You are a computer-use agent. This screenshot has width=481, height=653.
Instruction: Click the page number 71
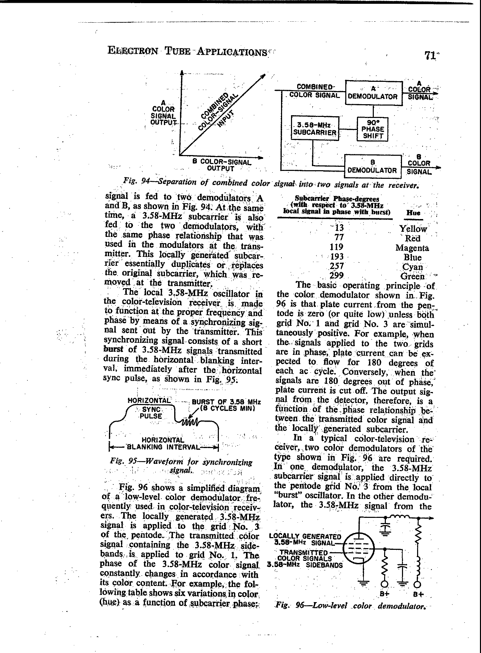[430, 56]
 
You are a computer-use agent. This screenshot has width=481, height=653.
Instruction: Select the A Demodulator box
[373, 93]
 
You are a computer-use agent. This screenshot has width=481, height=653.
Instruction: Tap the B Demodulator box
[372, 167]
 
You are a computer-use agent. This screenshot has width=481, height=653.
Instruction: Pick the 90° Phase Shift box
[373, 129]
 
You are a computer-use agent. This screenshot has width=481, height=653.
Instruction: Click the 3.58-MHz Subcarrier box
[315, 129]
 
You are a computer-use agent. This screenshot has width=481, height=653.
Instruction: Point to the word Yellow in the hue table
[413, 229]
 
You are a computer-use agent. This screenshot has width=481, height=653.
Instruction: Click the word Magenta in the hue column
[412, 248]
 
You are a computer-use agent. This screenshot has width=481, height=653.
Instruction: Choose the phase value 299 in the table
[336, 275]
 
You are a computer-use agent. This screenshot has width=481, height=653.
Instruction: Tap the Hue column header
[413, 213]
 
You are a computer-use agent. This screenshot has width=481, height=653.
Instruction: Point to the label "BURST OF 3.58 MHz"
[226, 402]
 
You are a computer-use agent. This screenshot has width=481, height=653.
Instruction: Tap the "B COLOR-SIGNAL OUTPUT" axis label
[221, 165]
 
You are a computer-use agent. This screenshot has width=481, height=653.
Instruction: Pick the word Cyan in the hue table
[412, 266]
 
